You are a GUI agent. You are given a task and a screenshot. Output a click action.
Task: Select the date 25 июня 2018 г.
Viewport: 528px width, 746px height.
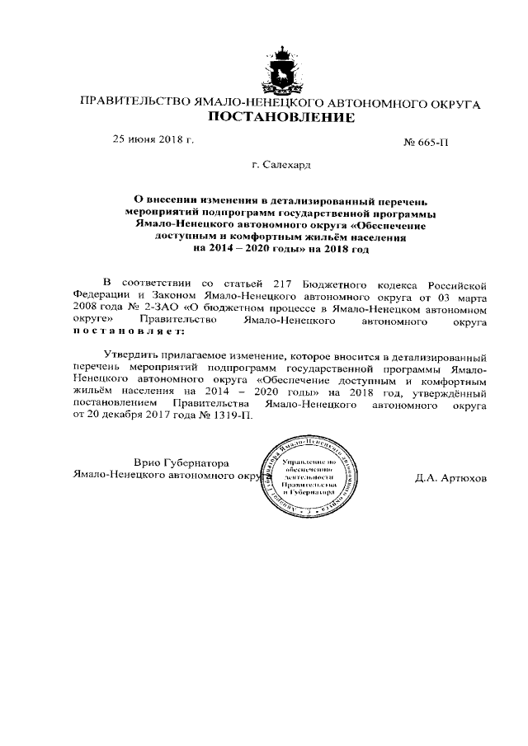(x=153, y=139)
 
